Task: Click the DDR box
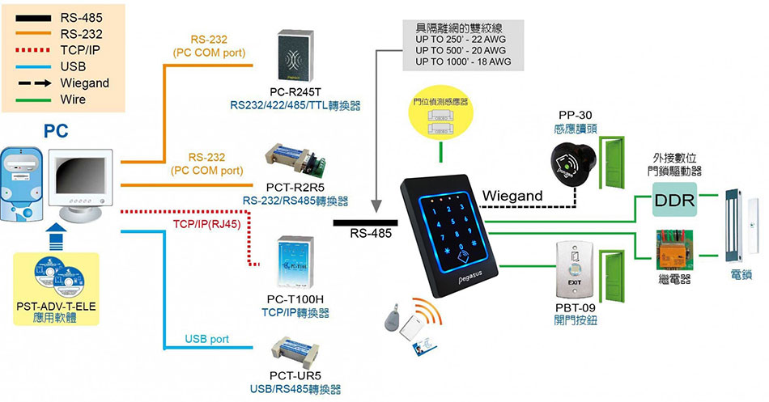click(673, 200)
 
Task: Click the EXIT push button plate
click(576, 269)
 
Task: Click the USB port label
click(207, 339)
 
